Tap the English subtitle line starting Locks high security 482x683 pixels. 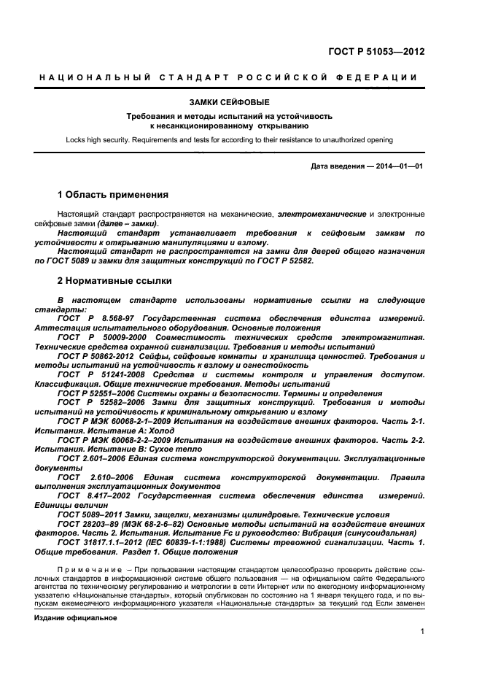229,139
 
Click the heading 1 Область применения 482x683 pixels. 112,195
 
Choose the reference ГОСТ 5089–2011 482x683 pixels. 88,514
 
